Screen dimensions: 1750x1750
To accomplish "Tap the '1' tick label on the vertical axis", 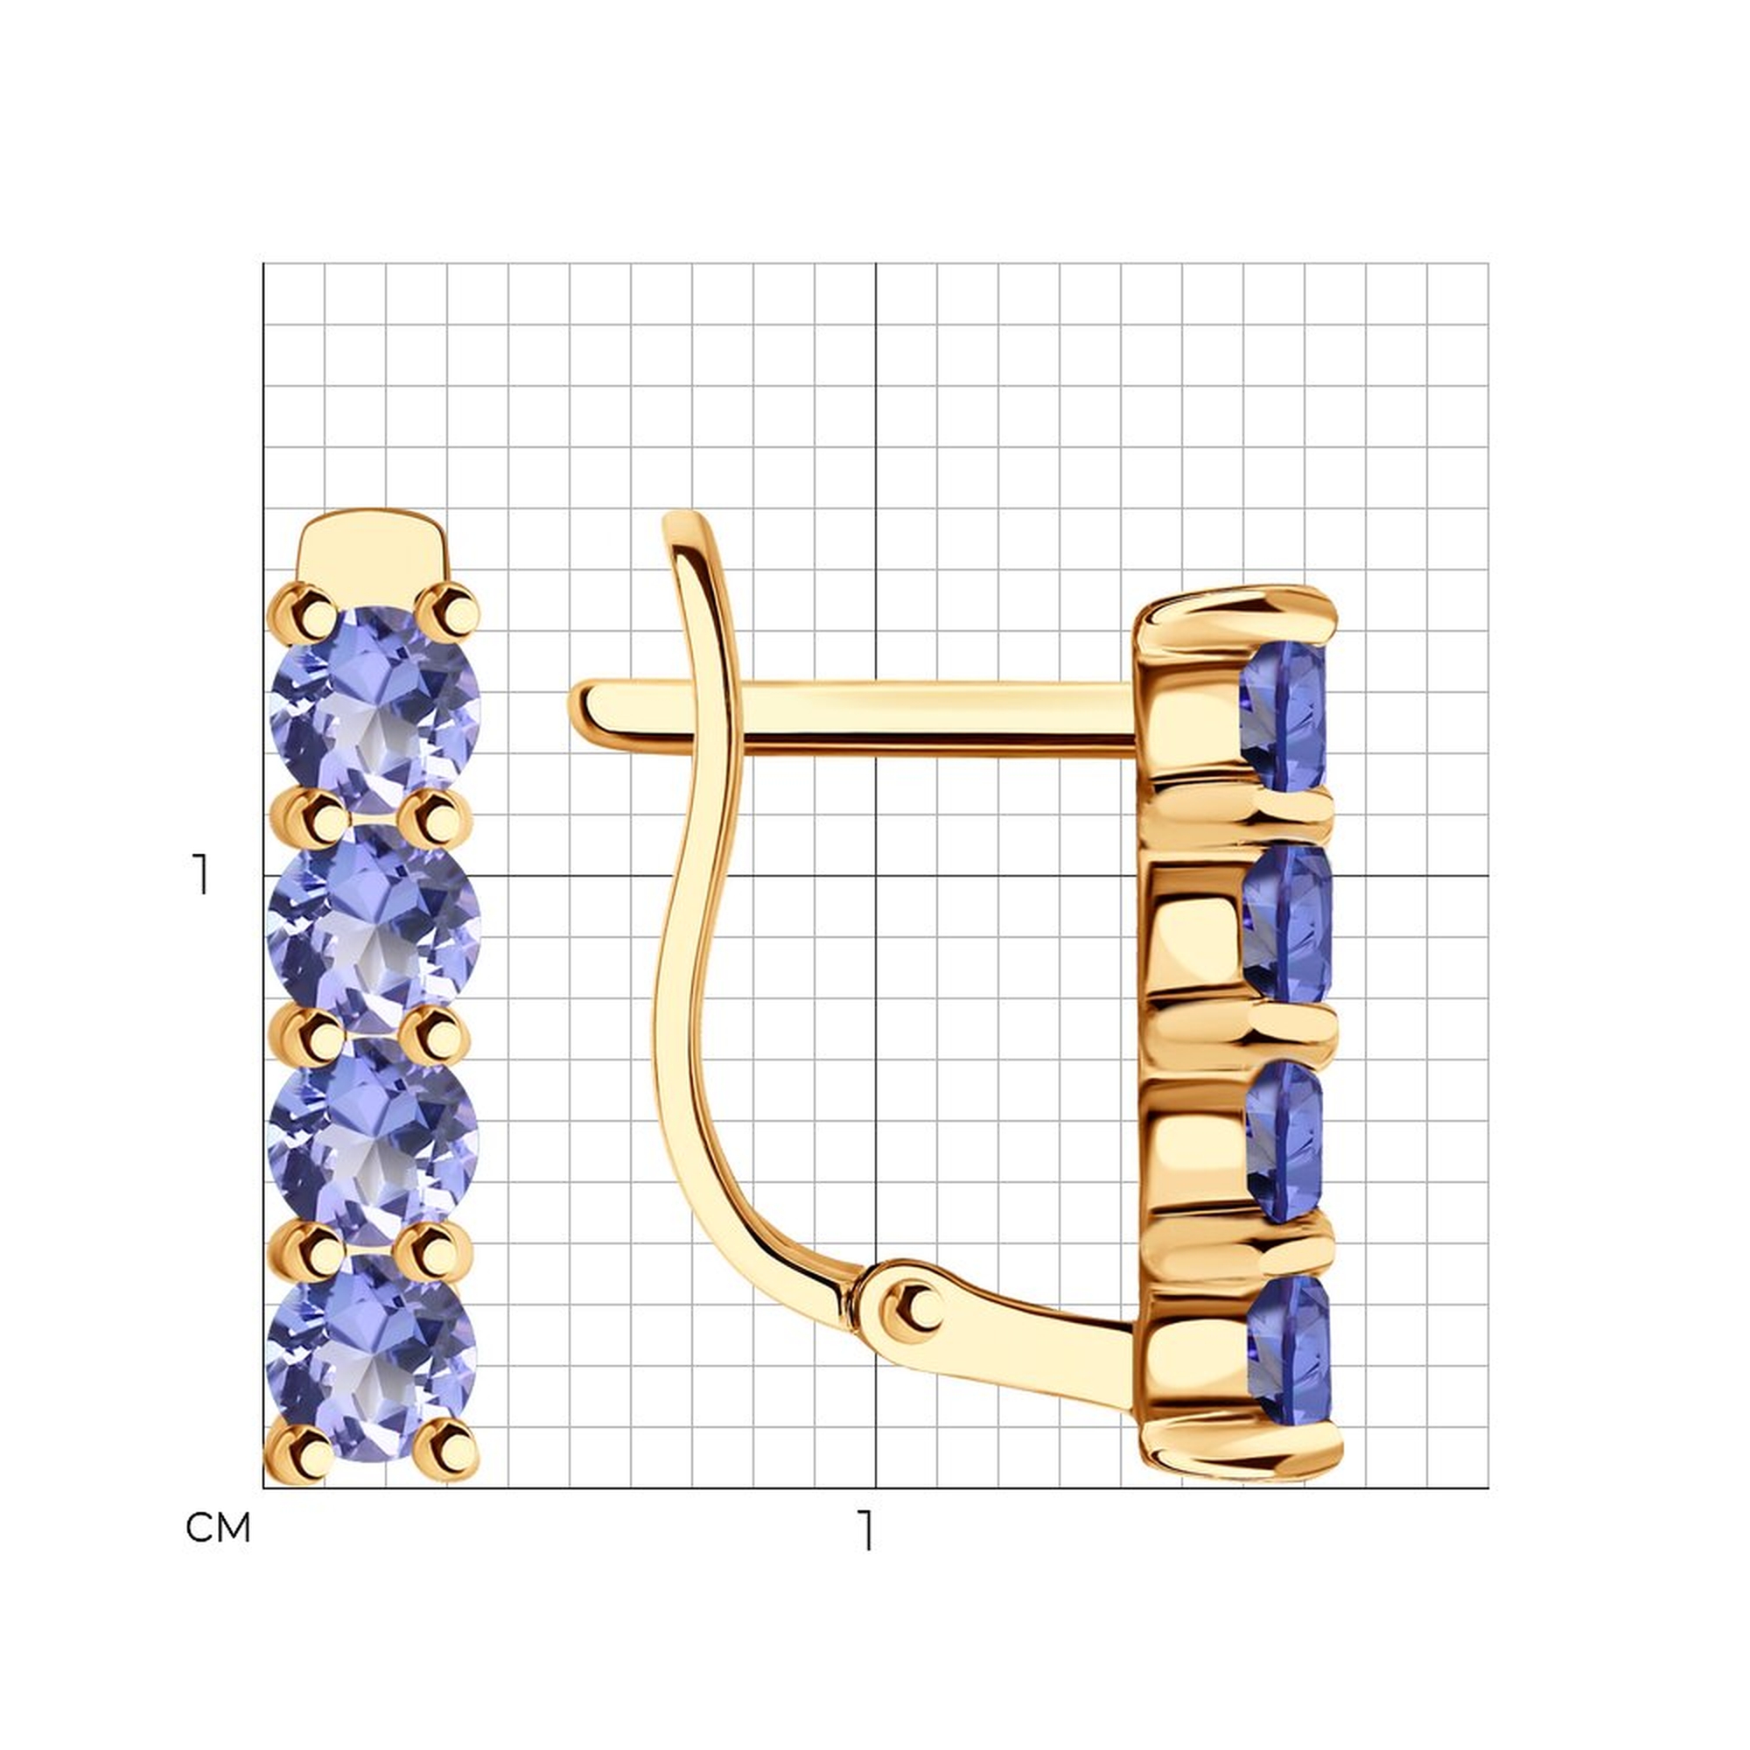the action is tap(200, 874).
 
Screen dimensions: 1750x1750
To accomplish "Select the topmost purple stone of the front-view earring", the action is tap(376, 710).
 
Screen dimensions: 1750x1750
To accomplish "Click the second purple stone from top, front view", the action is tap(375, 927).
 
